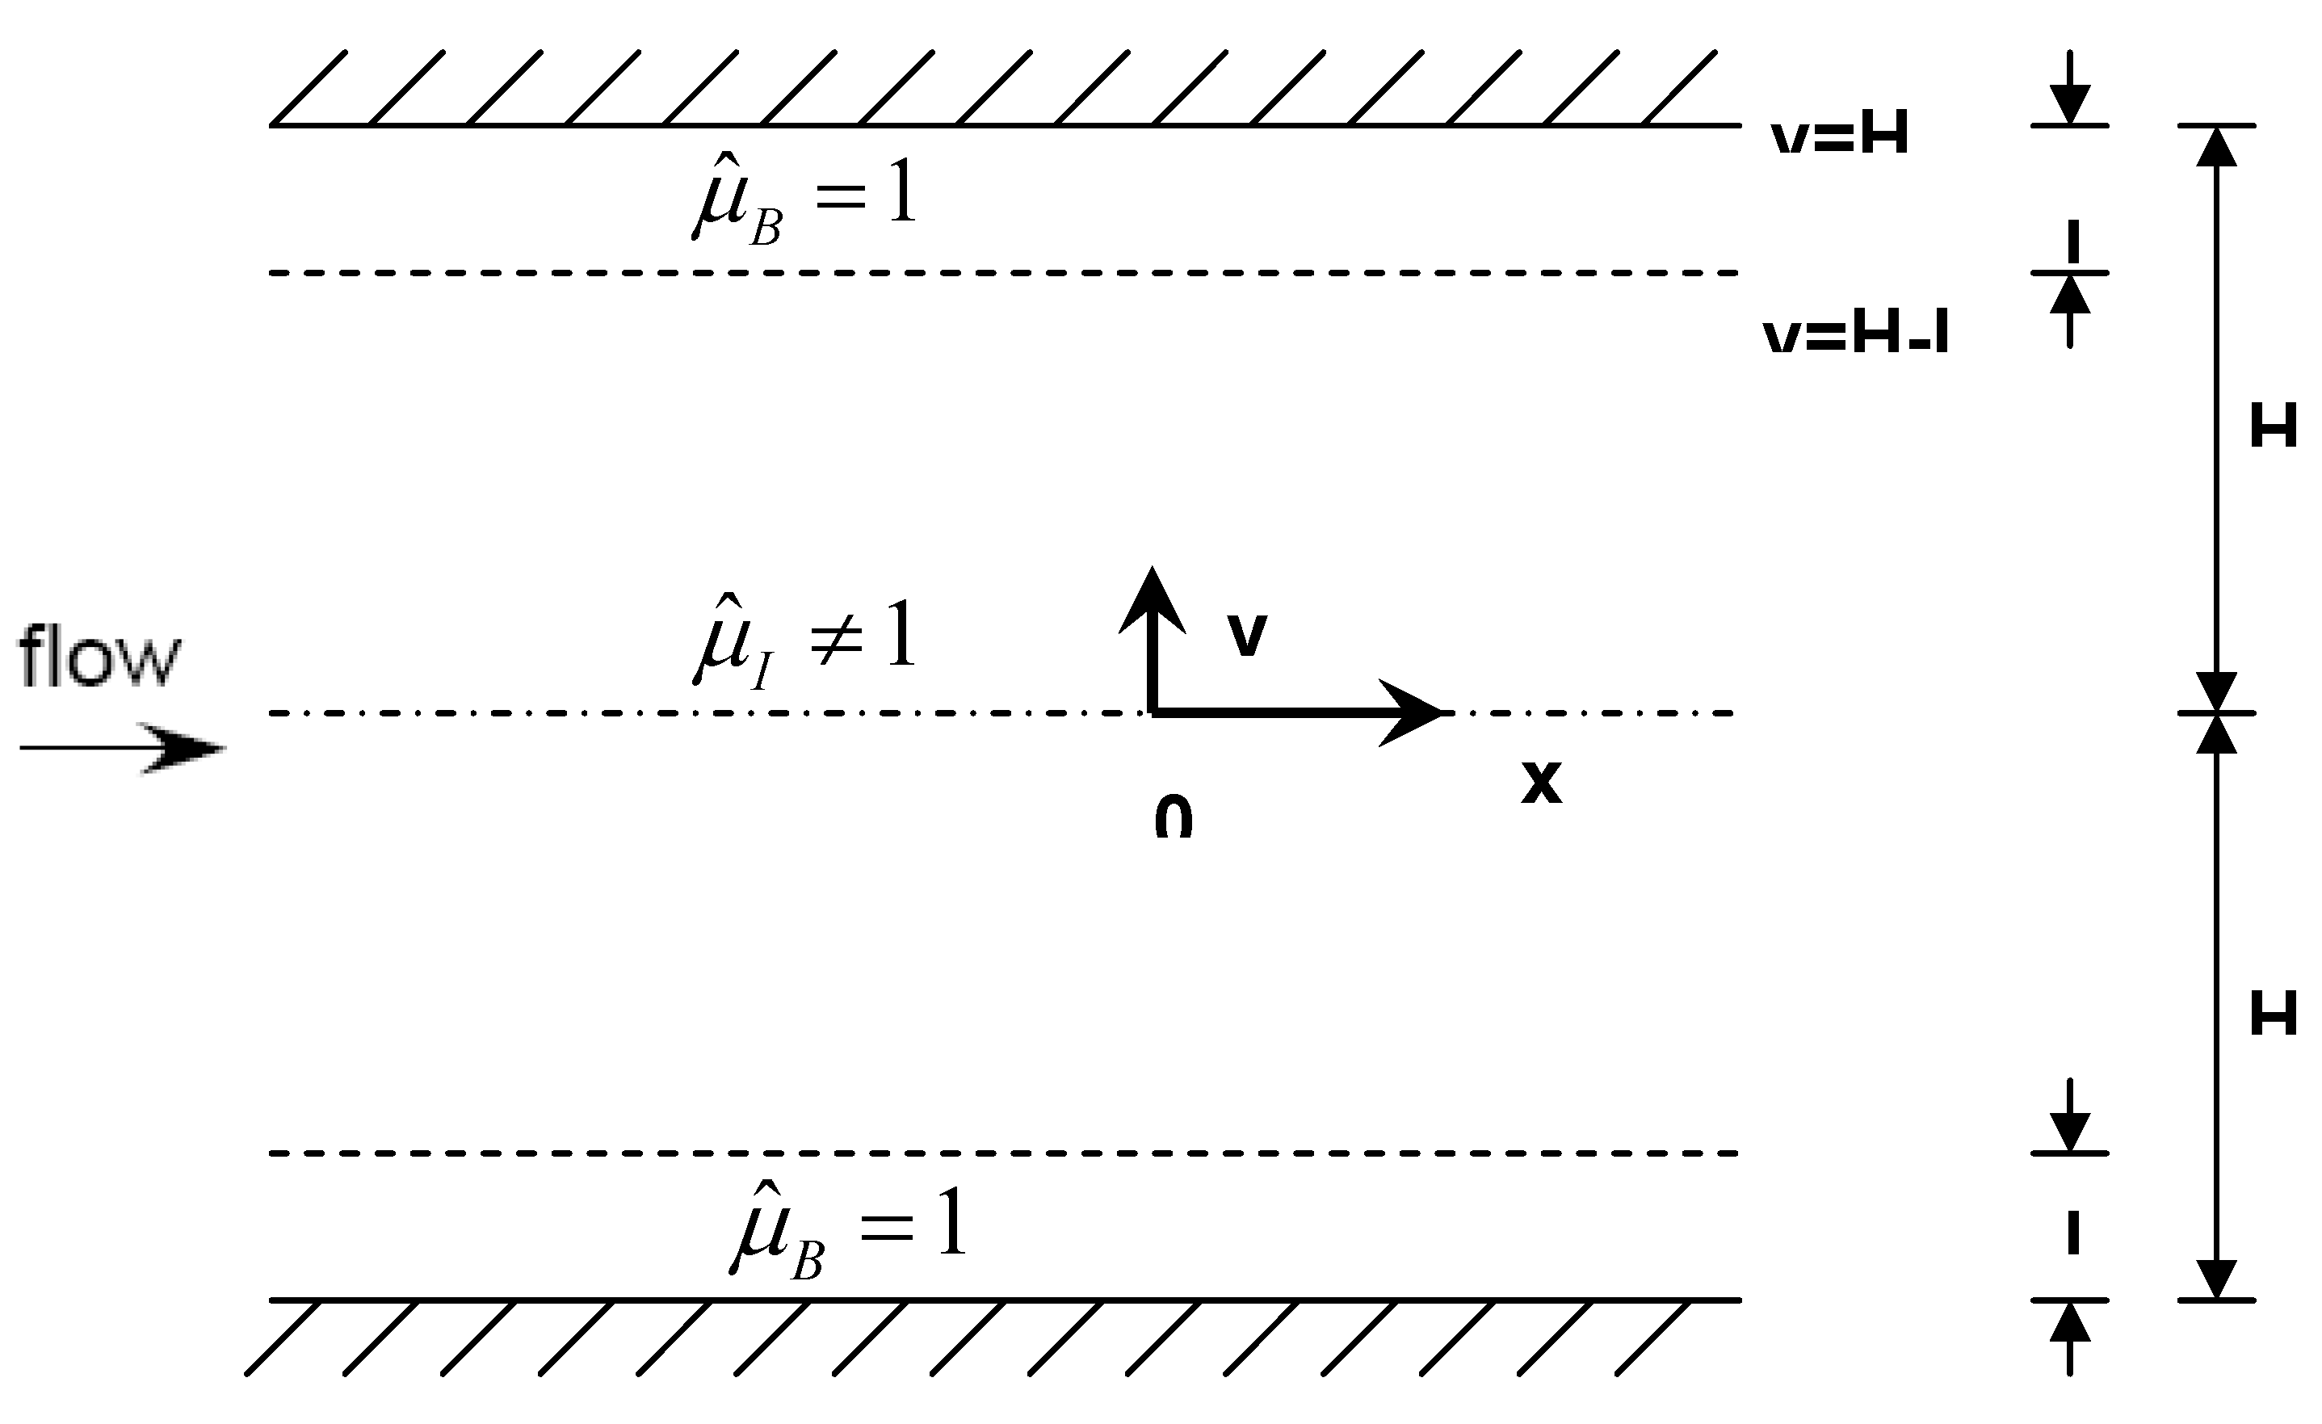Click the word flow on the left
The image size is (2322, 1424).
pyautogui.click(x=99, y=656)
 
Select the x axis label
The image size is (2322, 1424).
pyautogui.click(x=1541, y=782)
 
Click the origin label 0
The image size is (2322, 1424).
pyautogui.click(x=1174, y=818)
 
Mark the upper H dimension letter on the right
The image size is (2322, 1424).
pyautogui.click(x=2273, y=427)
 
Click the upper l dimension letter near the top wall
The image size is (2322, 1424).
pyautogui.click(x=2072, y=242)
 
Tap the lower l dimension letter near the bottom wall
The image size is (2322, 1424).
pyautogui.click(x=2072, y=1233)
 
